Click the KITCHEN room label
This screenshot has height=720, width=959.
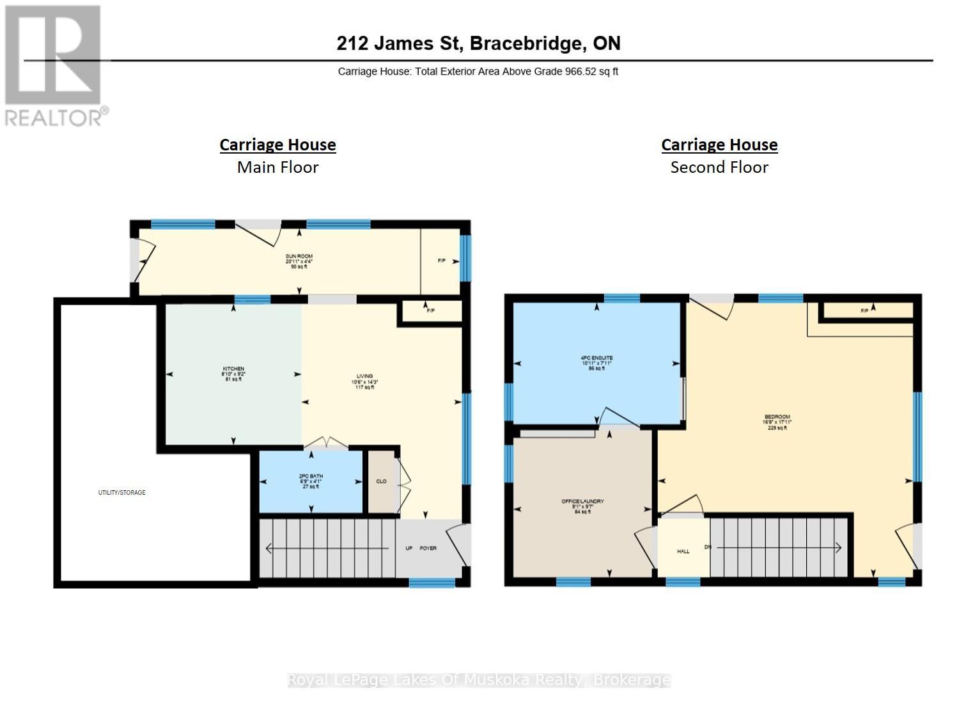pyautogui.click(x=233, y=369)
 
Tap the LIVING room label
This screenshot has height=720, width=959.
pyautogui.click(x=364, y=376)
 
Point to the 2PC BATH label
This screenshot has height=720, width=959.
pyautogui.click(x=311, y=476)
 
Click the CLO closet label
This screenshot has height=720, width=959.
pyautogui.click(x=381, y=481)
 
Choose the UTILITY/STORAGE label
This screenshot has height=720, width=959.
pyautogui.click(x=121, y=492)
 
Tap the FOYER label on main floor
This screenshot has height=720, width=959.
pyautogui.click(x=428, y=548)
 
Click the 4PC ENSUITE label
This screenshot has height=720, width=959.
pyautogui.click(x=596, y=358)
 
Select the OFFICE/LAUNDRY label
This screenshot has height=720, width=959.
pyautogui.click(x=582, y=501)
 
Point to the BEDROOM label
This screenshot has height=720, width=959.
pyautogui.click(x=777, y=417)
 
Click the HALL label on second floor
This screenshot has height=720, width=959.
pyautogui.click(x=683, y=551)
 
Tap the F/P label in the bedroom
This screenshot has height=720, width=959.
pyautogui.click(x=864, y=310)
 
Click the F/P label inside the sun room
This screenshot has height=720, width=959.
pyautogui.click(x=441, y=261)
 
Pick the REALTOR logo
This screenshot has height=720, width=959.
pyautogui.click(x=55, y=65)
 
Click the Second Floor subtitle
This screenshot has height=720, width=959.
pyautogui.click(x=719, y=168)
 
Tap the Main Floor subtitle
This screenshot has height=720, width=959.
pyautogui.click(x=277, y=168)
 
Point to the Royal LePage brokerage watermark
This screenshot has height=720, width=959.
pyautogui.click(x=479, y=680)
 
